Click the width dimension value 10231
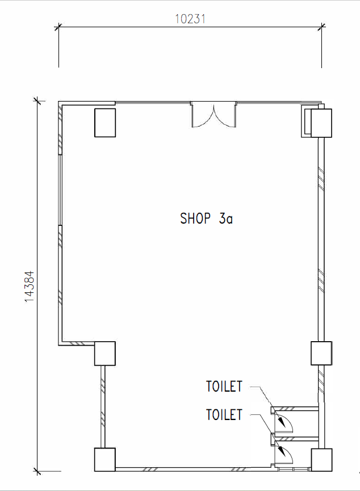coord(190,18)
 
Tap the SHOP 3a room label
coord(206,219)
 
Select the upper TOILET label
coord(224,387)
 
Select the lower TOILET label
coord(224,415)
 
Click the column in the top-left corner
coord(104,122)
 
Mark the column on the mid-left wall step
coord(104,354)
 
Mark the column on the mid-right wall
coord(321,353)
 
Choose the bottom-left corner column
coord(104,460)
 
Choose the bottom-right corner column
coord(321,460)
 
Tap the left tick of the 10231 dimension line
coord(58,26)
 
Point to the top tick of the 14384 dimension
coord(37,101)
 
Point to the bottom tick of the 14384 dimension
coord(37,471)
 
